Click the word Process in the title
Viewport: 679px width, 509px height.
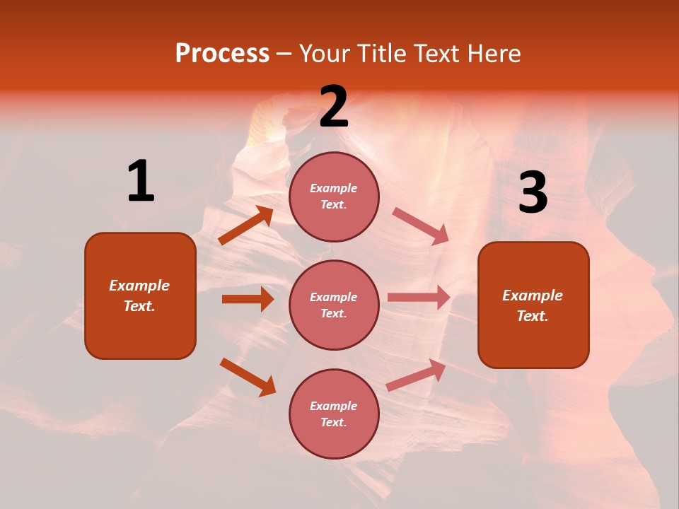222,54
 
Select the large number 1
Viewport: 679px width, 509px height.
141,181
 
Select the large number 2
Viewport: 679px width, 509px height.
334,107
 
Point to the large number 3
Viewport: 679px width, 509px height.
533,193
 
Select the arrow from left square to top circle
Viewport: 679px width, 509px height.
246,226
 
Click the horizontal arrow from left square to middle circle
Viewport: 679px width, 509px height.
248,299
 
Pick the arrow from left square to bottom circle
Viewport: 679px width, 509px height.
248,377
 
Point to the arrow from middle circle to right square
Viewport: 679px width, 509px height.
419,298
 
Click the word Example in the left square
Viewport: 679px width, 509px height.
139,286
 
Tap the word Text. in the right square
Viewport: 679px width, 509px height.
533,316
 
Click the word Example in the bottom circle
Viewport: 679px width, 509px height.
333,406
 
